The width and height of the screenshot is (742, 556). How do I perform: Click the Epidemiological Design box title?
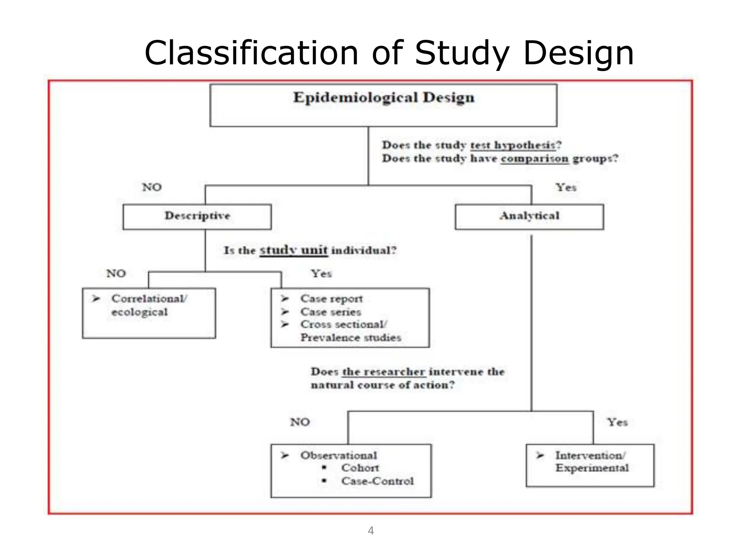pyautogui.click(x=383, y=98)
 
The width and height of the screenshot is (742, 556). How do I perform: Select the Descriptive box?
pyautogui.click(x=197, y=216)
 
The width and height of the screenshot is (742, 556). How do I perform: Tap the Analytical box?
pyautogui.click(x=529, y=216)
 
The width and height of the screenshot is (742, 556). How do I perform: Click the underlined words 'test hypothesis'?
pyautogui.click(x=513, y=146)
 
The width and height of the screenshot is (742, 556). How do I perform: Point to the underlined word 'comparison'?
pyautogui.click(x=535, y=159)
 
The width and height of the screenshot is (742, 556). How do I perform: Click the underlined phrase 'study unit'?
pyautogui.click(x=293, y=250)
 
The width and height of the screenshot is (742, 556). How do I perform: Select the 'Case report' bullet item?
pyautogui.click(x=331, y=299)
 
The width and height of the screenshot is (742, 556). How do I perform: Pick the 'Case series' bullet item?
pyautogui.click(x=330, y=312)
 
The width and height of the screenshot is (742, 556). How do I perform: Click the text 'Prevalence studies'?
pyautogui.click(x=351, y=338)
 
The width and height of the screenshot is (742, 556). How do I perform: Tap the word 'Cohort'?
pyautogui.click(x=360, y=468)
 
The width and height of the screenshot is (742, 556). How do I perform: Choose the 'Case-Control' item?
pyautogui.click(x=377, y=481)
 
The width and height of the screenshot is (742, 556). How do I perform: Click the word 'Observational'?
pyautogui.click(x=338, y=455)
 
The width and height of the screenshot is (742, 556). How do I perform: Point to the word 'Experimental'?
pyautogui.click(x=592, y=468)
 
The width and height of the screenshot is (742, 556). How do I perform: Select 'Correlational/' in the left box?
pyautogui.click(x=149, y=299)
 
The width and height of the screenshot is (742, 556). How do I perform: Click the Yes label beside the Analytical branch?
pyautogui.click(x=566, y=188)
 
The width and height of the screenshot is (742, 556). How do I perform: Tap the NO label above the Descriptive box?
pyautogui.click(x=152, y=188)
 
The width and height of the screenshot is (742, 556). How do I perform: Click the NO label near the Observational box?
pyautogui.click(x=300, y=422)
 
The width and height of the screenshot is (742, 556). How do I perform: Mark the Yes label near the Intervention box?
pyautogui.click(x=617, y=422)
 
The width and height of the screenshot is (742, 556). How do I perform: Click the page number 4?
pyautogui.click(x=371, y=531)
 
